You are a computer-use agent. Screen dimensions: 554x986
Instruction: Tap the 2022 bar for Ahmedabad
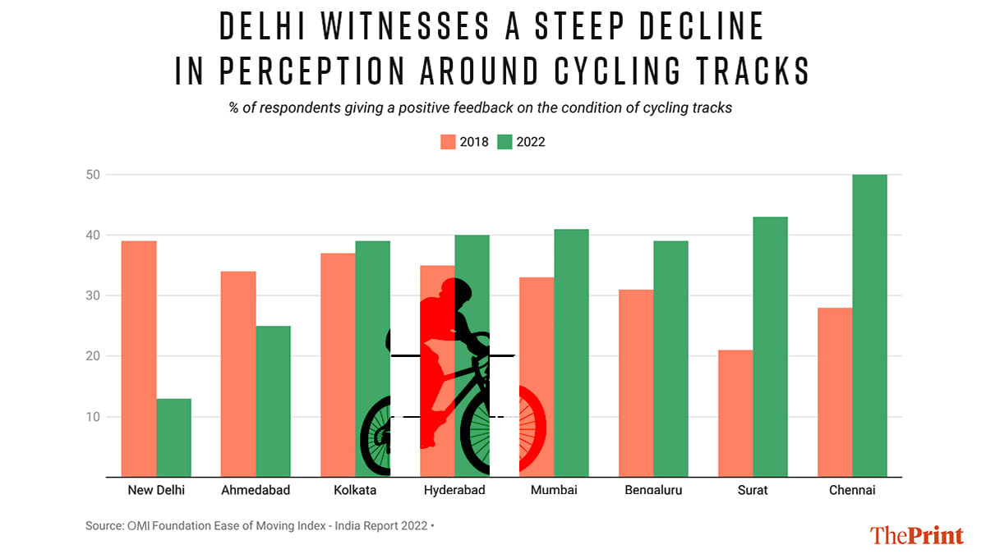[273, 401]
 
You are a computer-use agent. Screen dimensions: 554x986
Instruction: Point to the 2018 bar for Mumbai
[537, 377]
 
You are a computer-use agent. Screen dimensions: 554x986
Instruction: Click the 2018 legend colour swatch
[448, 142]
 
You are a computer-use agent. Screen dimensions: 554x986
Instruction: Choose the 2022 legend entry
[521, 142]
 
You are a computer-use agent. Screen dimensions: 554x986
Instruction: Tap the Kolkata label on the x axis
[355, 491]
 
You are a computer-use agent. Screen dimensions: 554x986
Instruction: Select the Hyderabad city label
[454, 491]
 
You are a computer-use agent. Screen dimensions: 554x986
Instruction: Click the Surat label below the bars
[753, 491]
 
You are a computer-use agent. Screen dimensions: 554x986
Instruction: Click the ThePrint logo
[916, 535]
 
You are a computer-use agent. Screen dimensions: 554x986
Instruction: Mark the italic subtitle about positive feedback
[480, 108]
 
